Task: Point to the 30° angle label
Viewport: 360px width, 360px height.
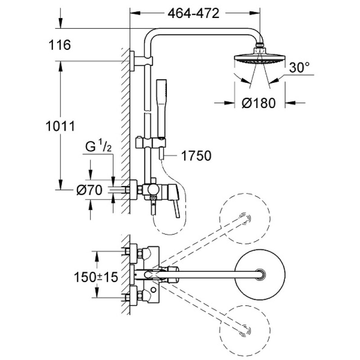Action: coord(299,68)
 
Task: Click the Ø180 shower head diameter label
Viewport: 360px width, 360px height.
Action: coord(258,103)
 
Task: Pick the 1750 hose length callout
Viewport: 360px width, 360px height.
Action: coord(196,156)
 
